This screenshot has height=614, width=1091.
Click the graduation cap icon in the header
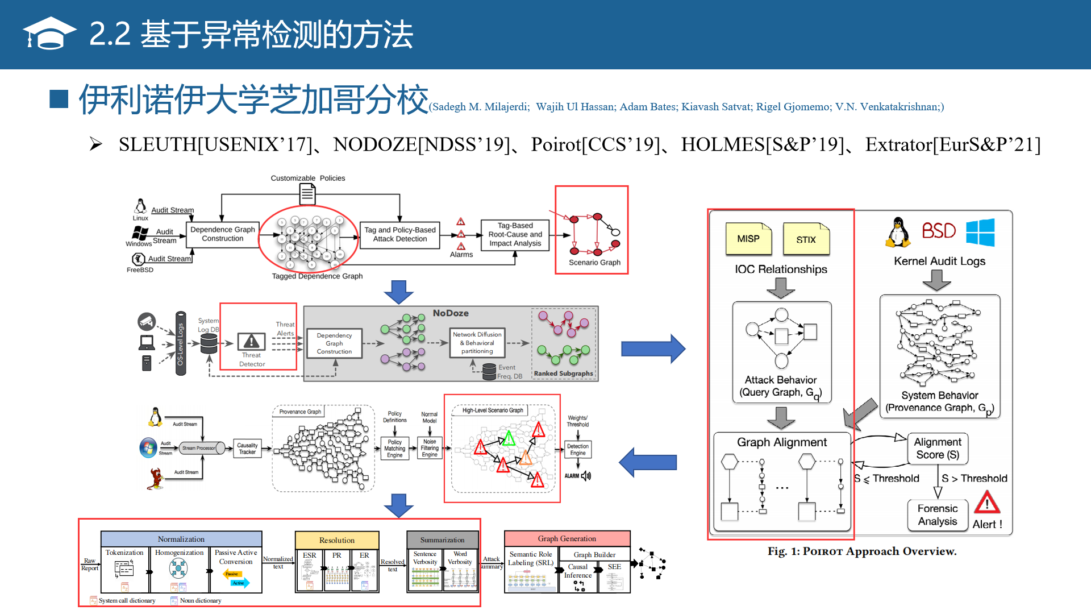click(49, 34)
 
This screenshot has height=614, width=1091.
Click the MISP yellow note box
click(748, 239)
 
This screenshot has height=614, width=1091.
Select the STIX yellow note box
click(806, 239)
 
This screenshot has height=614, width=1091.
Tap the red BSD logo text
click(938, 231)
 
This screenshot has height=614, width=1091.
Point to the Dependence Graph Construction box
click(223, 234)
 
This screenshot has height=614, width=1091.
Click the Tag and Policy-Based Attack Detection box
click(400, 234)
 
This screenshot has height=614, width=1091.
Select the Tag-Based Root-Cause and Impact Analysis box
click(515, 234)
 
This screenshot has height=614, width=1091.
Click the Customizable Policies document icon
click(307, 194)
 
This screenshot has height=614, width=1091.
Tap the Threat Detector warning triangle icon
click(251, 341)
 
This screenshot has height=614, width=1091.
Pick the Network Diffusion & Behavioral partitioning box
click(477, 343)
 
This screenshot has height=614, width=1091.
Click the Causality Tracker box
click(247, 449)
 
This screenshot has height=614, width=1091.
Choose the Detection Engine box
click(578, 450)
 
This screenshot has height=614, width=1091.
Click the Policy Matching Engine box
click(395, 449)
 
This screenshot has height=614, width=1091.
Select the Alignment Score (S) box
click(938, 449)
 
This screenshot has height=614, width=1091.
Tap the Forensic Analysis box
click(938, 515)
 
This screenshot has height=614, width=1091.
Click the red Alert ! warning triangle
click(987, 503)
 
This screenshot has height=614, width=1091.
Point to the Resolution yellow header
click(337, 540)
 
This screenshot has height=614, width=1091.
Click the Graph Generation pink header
click(567, 538)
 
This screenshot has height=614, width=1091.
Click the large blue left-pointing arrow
click(648, 462)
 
